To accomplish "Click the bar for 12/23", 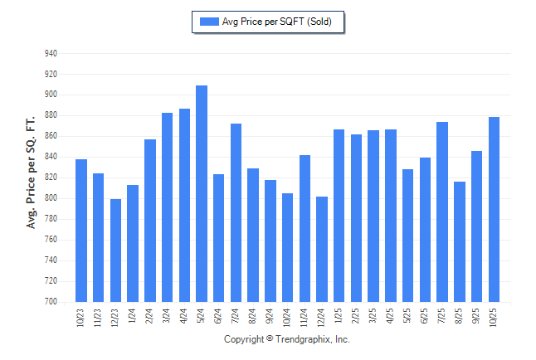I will coord(115,251).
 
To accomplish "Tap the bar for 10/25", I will coord(494,209).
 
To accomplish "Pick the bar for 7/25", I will coord(442,212).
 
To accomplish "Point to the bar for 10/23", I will coord(81,231).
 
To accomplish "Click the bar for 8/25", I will coord(460,241).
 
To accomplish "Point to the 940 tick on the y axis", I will coord(51,53).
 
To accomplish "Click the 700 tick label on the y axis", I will coord(51,302).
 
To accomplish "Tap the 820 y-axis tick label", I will coord(51,178).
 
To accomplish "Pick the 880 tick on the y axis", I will coord(51,115).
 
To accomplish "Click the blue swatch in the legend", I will coord(208,22).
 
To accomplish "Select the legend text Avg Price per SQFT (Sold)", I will coord(277,22).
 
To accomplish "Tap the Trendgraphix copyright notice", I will coord(287,339).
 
